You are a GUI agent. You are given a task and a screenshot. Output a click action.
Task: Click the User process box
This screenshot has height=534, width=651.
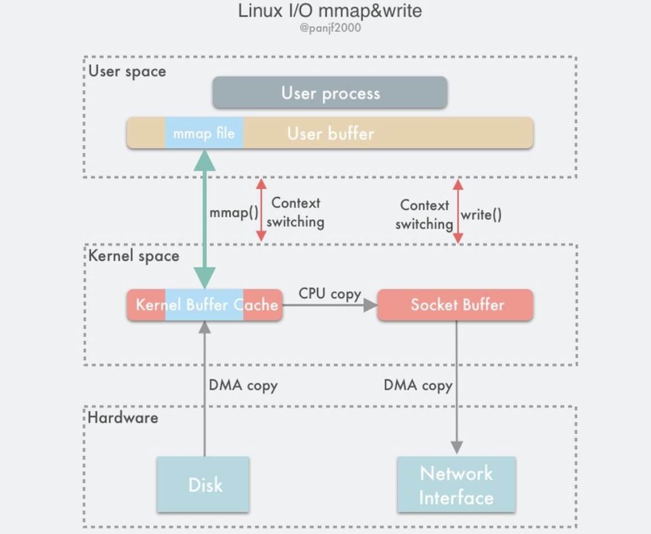click(330, 93)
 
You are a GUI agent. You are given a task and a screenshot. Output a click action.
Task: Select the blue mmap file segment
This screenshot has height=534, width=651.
click(204, 133)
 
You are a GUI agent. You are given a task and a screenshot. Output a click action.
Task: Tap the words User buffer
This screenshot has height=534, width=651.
click(331, 133)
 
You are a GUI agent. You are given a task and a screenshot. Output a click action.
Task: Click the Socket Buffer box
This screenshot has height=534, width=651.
click(455, 305)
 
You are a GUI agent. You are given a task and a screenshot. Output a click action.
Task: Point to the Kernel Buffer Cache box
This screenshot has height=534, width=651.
click(205, 305)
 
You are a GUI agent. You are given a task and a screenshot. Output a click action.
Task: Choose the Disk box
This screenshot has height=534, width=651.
click(203, 484)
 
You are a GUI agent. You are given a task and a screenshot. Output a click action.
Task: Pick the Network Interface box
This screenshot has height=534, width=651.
click(456, 484)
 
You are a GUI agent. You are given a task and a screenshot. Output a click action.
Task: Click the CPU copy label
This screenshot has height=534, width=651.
click(329, 293)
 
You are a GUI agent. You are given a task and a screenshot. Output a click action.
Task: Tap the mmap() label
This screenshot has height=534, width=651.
click(234, 213)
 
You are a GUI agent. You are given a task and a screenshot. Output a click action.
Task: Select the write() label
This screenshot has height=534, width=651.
click(481, 214)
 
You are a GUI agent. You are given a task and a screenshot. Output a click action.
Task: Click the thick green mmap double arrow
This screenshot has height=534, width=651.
click(204, 220)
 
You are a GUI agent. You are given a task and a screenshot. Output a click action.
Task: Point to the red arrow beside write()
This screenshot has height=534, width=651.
click(458, 212)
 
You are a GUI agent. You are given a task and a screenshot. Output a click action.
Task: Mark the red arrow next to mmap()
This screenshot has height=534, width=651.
click(261, 210)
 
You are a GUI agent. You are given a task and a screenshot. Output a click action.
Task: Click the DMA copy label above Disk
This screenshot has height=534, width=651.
click(243, 385)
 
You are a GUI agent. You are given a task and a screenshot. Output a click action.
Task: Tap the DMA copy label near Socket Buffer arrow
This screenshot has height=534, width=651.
click(418, 385)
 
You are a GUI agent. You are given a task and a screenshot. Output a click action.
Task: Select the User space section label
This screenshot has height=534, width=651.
click(127, 72)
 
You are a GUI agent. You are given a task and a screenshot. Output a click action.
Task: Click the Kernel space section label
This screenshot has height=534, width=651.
click(133, 256)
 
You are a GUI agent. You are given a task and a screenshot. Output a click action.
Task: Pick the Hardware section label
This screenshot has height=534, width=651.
click(123, 417)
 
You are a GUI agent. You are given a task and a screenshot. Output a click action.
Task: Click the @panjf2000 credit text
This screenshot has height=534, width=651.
click(330, 28)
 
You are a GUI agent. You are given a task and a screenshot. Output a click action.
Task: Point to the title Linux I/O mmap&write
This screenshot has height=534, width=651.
click(330, 10)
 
